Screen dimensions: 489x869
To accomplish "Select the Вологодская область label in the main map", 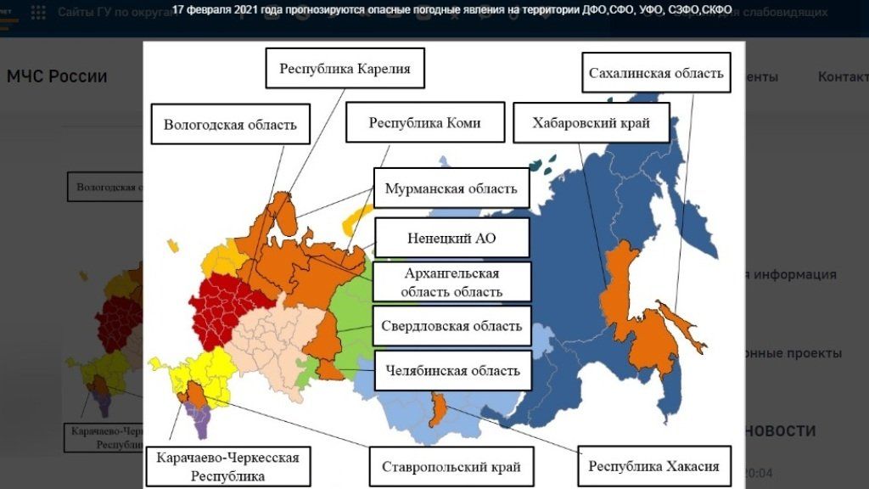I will (230, 124).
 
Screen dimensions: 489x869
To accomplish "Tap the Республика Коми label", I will (424, 122).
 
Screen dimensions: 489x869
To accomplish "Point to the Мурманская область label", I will (451, 188).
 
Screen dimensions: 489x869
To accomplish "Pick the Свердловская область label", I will (451, 326).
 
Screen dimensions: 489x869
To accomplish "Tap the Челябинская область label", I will (451, 370).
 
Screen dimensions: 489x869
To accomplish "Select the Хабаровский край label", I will (591, 123).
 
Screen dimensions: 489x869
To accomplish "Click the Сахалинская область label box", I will (656, 73).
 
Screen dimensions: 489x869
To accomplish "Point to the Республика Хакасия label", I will (653, 466).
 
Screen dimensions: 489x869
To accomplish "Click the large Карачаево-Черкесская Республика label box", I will (227, 466).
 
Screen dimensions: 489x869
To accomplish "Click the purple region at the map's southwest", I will (202, 419).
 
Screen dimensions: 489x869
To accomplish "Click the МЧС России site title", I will (57, 76).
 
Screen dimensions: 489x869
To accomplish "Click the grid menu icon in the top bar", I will (38, 12).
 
